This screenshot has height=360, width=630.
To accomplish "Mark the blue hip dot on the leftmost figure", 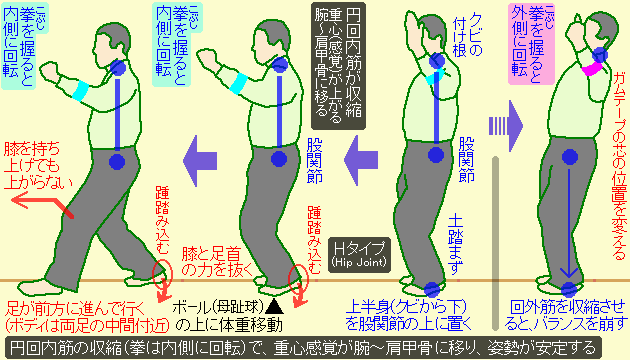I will [x=116, y=160].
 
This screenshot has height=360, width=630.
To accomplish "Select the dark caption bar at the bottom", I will [x=315, y=347].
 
